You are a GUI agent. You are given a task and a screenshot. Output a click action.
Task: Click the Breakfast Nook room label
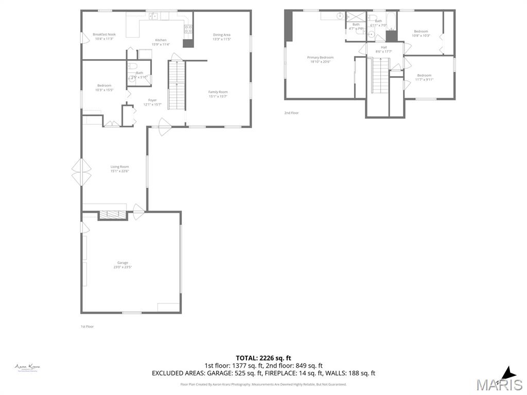tap(104, 37)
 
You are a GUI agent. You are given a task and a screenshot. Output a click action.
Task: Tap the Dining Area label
tap(222, 37)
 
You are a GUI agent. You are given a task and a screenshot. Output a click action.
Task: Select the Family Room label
tap(218, 94)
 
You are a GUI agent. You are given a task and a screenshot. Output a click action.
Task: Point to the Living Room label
tap(119, 169)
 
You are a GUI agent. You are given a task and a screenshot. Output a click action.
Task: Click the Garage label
tap(122, 264)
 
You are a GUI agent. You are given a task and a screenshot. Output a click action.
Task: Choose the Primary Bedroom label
tap(320, 59)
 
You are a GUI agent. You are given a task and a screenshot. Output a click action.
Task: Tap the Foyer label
tap(152, 102)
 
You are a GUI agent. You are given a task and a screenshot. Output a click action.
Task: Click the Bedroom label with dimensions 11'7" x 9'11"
tap(424, 77)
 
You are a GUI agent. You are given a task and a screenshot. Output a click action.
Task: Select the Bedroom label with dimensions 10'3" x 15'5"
tap(104, 87)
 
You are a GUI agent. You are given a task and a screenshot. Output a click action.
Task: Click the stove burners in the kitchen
tap(188, 29)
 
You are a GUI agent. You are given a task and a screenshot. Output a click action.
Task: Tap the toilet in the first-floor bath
tap(132, 66)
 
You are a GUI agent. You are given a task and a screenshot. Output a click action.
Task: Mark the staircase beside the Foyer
tap(176, 85)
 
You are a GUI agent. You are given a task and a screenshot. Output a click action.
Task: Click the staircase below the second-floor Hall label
tap(380, 75)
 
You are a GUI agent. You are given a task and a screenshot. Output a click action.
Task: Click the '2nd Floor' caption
tap(291, 113)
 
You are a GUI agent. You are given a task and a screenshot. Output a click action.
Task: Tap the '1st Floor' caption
tap(87, 327)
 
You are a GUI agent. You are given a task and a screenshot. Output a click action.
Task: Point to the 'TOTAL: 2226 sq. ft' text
tap(263, 358)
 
